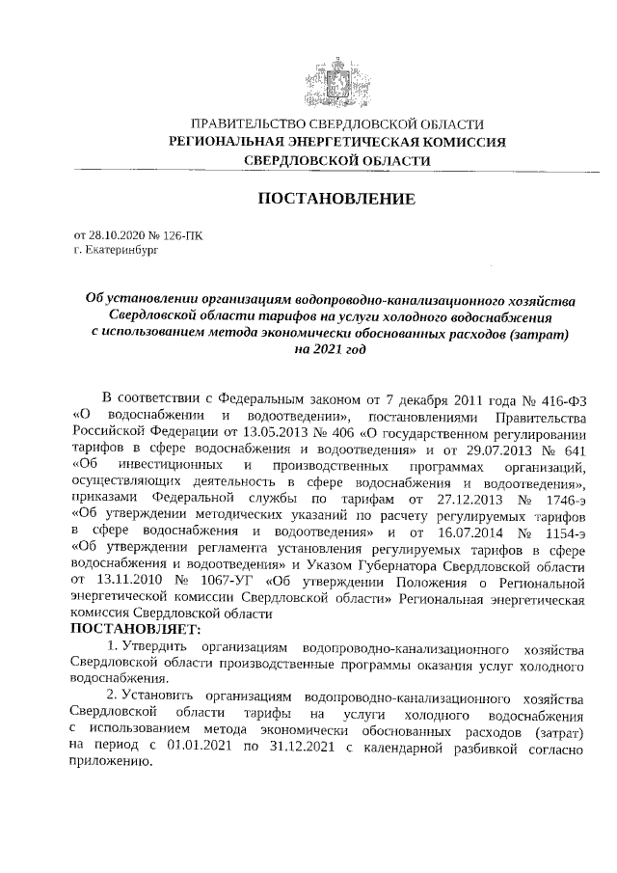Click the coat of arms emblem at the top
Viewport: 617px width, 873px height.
336,79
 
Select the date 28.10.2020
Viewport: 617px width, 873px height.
115,234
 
